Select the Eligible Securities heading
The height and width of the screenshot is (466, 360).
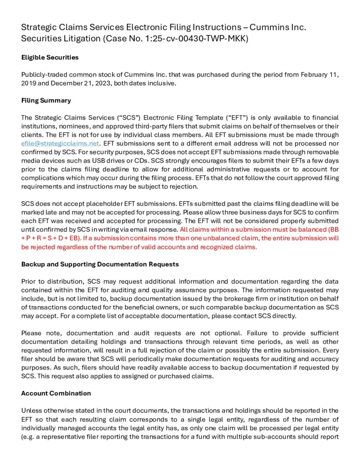point(50,57)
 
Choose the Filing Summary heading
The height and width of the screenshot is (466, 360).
point(46,100)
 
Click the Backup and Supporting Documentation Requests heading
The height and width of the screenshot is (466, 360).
point(100,264)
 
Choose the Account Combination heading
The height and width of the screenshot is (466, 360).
point(56,393)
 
